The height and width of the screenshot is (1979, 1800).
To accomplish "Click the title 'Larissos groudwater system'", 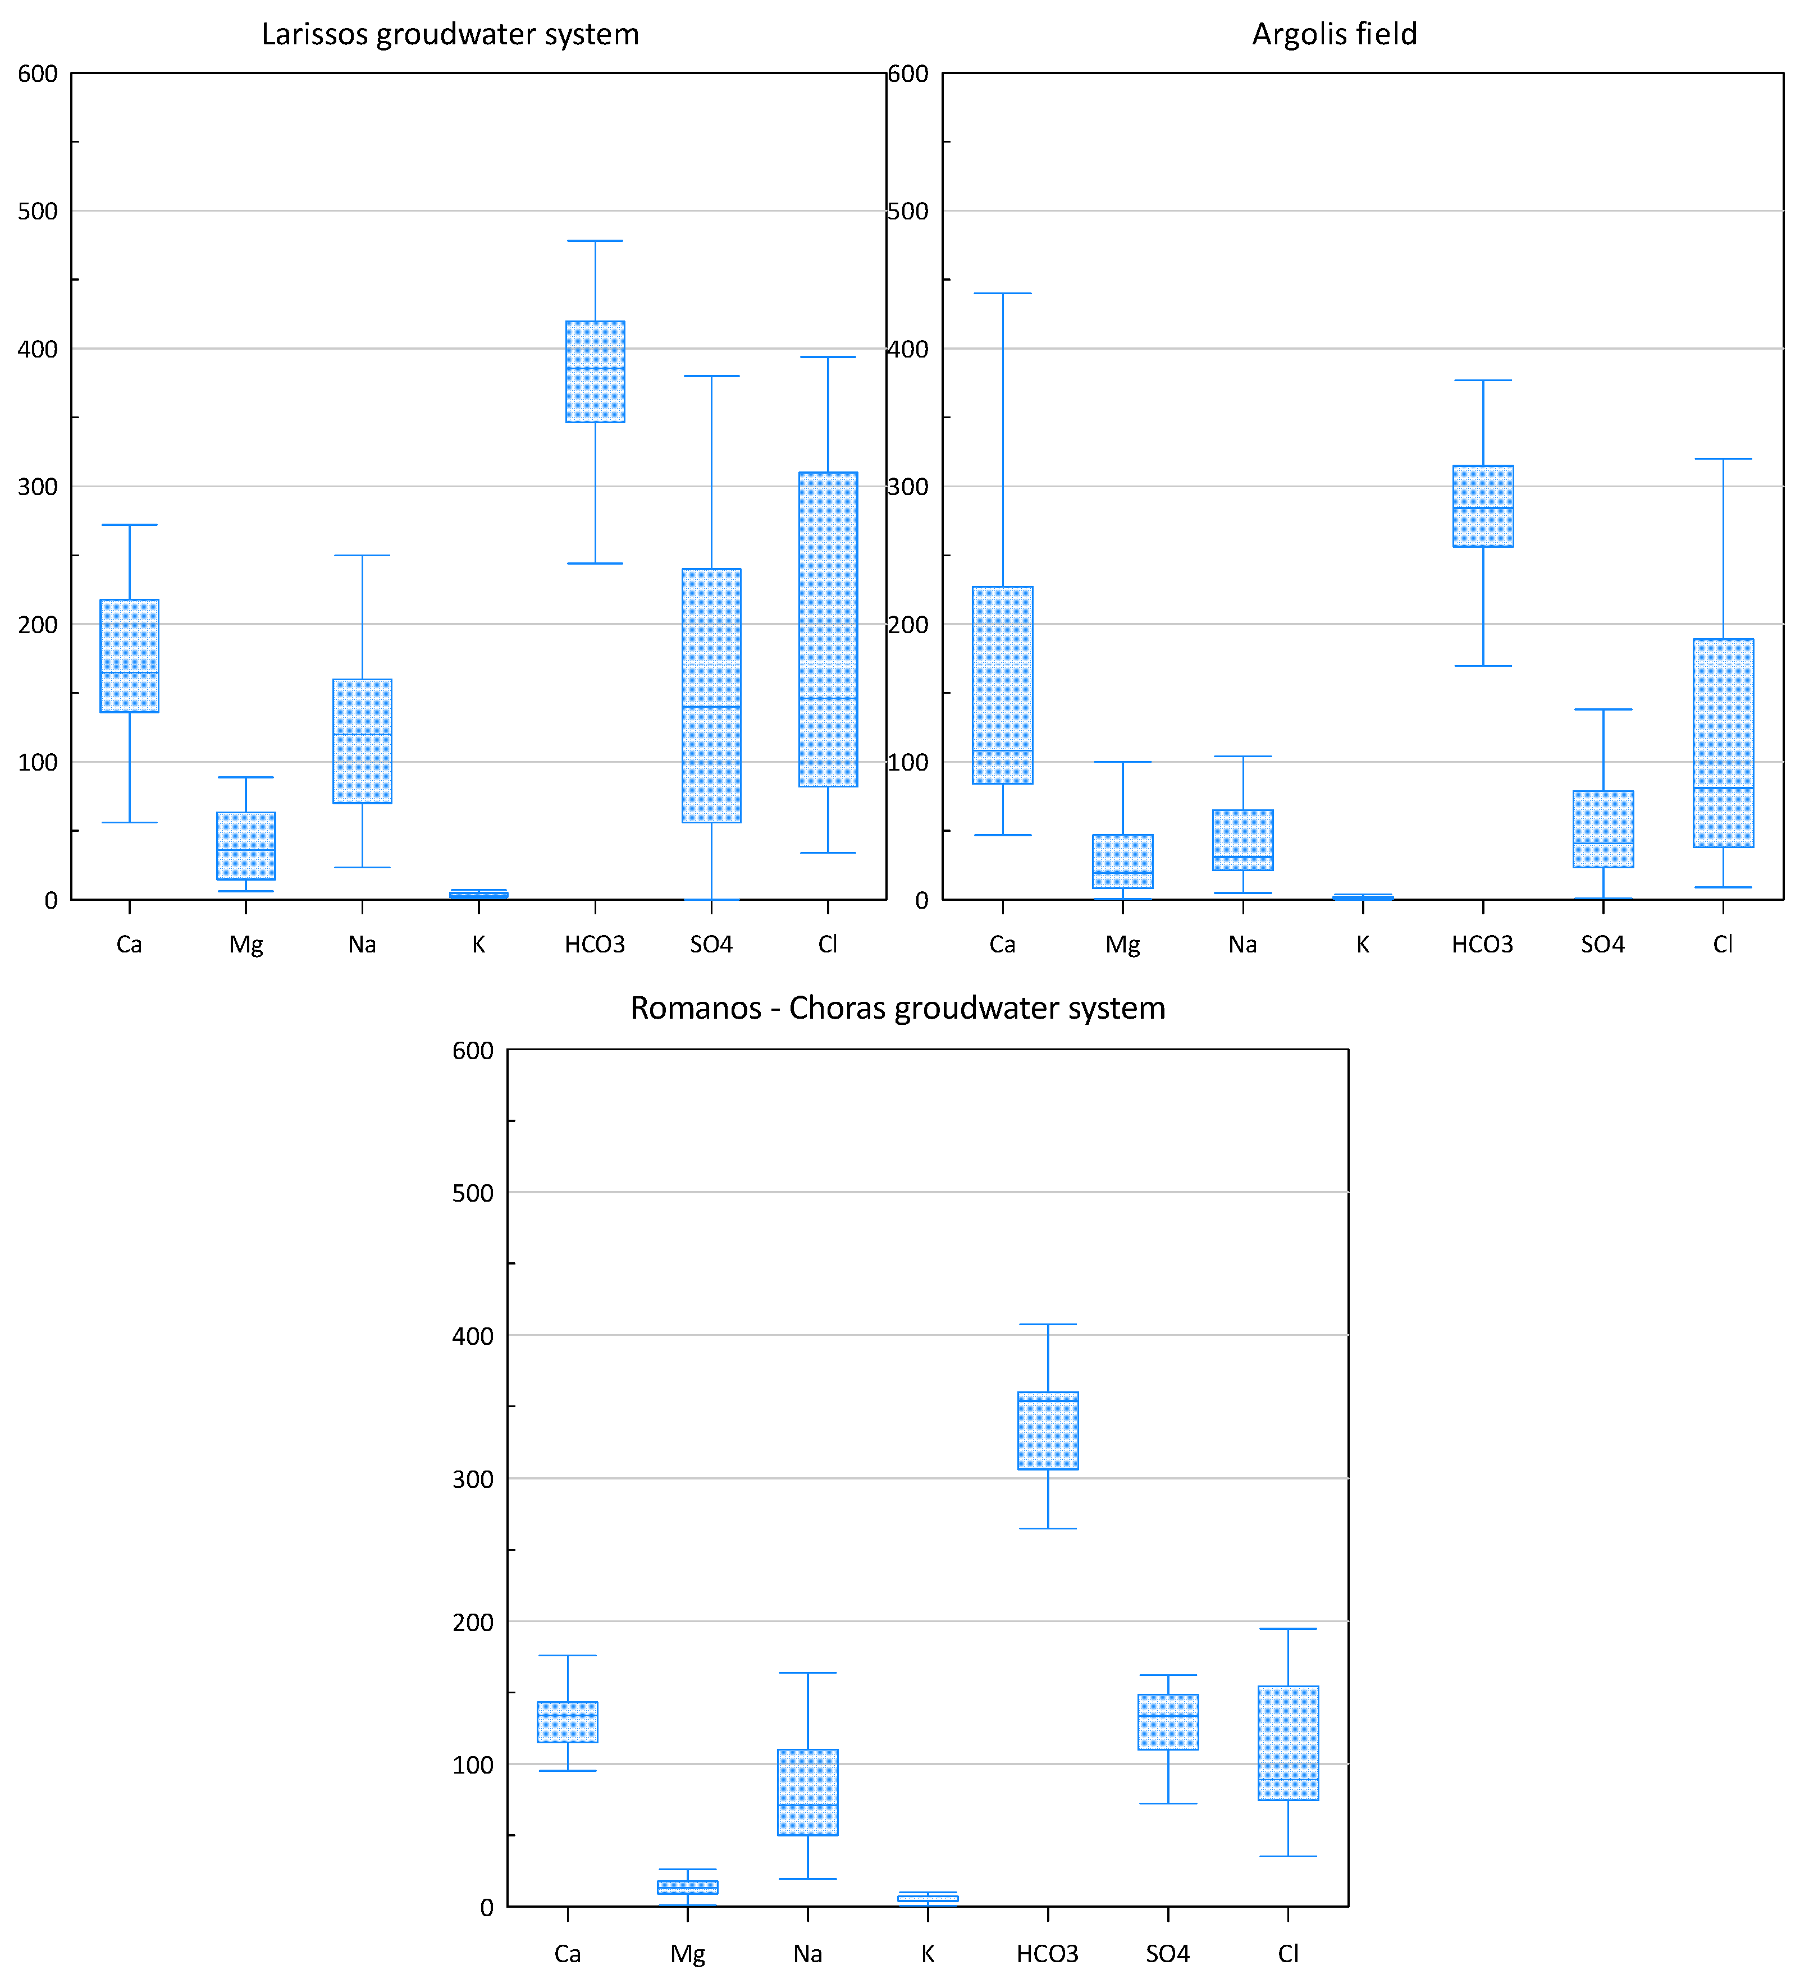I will pos(450,34).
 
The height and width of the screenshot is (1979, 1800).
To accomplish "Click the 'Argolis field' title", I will pos(1333,34).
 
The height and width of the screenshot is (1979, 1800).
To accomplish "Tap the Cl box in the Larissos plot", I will pos(828,629).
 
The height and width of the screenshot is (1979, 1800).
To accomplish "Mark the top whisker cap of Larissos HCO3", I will pos(595,241).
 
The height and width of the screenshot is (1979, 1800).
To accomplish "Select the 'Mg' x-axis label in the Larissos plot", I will pos(245,945).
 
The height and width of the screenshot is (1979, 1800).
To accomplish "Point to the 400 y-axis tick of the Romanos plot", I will pos(472,1336).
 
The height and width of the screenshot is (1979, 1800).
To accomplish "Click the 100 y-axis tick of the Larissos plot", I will pos(37,763).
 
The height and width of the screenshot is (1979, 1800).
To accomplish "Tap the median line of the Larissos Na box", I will pos(362,734).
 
